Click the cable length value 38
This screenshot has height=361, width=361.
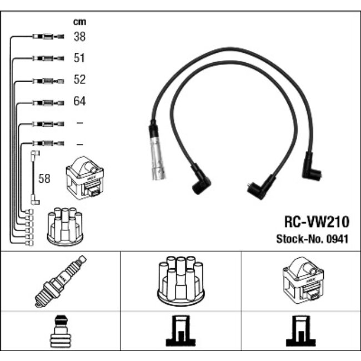click(79, 37)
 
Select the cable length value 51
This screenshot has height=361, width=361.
click(79, 58)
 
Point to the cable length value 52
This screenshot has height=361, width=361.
click(79, 80)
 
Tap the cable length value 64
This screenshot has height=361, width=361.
click(79, 102)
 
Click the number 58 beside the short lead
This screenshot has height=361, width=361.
click(44, 179)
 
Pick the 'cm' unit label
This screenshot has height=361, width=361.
click(79, 22)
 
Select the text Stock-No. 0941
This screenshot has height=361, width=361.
click(313, 239)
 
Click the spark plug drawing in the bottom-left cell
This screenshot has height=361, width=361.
click(61, 281)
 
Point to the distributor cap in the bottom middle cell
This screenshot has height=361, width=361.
click(180, 280)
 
